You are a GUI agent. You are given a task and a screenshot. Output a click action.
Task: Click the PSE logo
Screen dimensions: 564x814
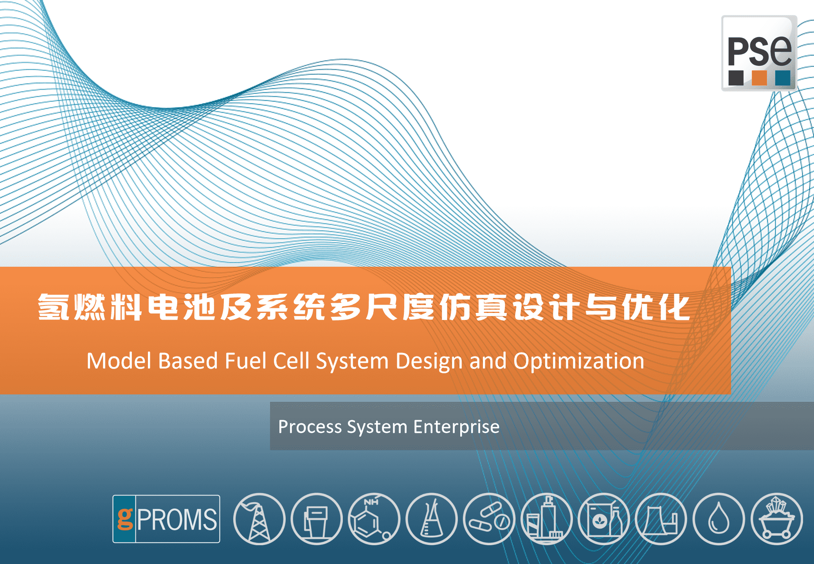click(x=759, y=53)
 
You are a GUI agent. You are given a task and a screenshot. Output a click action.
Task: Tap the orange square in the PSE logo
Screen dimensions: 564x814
click(x=759, y=78)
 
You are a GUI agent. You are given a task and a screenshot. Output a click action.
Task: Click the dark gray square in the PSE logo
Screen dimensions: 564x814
click(x=736, y=78)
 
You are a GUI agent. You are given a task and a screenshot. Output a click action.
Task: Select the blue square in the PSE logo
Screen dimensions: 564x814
click(x=783, y=78)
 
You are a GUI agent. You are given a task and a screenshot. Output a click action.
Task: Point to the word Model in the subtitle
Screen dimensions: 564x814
click(x=119, y=361)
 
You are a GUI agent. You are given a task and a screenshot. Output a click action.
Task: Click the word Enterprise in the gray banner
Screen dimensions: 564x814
click(x=456, y=427)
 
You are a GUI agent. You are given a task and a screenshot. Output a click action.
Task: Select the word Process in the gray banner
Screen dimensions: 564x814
click(x=310, y=427)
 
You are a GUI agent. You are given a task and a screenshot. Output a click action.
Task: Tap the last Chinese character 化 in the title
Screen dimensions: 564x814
click(x=674, y=307)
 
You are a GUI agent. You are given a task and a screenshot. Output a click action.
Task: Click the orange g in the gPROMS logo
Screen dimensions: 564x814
click(x=125, y=519)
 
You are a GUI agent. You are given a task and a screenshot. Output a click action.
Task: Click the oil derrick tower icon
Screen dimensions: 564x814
click(x=259, y=519)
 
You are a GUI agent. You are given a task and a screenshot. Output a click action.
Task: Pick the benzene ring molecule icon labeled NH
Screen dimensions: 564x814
click(x=374, y=519)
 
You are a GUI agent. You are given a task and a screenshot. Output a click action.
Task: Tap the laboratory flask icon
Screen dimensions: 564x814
click(x=432, y=519)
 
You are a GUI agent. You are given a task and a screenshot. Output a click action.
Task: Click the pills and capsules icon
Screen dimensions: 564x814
click(x=489, y=519)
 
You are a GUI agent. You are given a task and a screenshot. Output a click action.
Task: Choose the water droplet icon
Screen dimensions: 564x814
click(x=719, y=519)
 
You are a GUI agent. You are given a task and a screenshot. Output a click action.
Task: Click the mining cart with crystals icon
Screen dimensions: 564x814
click(x=776, y=519)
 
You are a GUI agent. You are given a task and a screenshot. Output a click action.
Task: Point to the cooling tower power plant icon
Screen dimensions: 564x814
click(x=661, y=519)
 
